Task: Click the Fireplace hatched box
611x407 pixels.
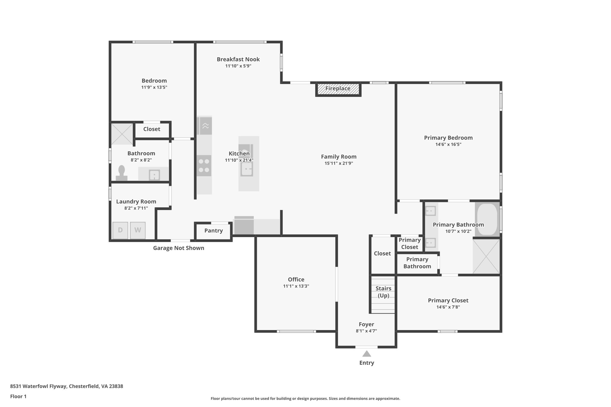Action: click(338, 89)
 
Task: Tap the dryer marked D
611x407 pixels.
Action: click(120, 230)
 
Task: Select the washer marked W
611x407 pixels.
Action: click(138, 230)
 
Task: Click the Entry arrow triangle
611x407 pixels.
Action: click(366, 354)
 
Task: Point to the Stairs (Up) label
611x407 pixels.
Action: click(383, 292)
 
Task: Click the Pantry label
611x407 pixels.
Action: click(213, 230)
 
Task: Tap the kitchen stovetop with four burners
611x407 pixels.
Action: click(204, 166)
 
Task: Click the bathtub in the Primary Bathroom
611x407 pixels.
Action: click(487, 219)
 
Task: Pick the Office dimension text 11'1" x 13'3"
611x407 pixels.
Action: click(296, 286)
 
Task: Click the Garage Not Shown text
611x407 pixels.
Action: click(178, 248)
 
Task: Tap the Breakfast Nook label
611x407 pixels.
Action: click(238, 59)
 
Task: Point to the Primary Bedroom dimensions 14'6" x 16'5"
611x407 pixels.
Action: click(448, 144)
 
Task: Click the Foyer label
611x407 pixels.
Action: click(366, 324)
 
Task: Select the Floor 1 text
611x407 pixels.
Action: click(18, 396)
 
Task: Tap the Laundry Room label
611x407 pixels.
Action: click(136, 202)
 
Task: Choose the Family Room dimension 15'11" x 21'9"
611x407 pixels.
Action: click(339, 163)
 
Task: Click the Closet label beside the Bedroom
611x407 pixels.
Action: click(152, 129)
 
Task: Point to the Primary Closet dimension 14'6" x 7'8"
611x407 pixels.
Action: click(448, 307)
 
